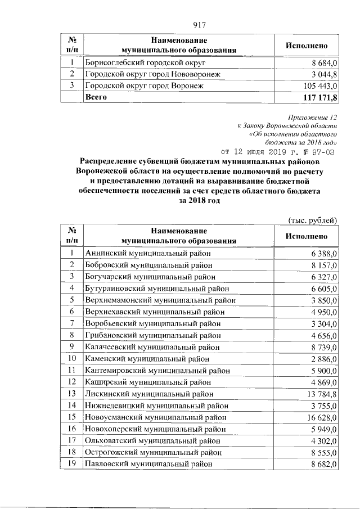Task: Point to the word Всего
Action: [96, 98]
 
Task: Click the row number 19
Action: [71, 464]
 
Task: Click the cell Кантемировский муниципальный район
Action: [157, 371]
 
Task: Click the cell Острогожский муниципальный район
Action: [152, 452]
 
